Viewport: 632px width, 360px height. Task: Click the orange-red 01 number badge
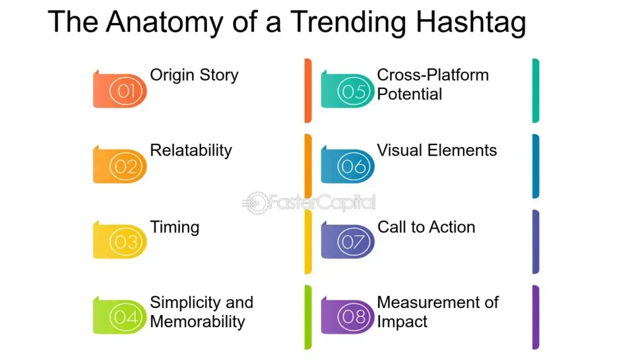(120, 90)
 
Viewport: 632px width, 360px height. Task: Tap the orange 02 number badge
(120, 165)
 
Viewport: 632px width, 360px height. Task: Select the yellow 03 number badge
(120, 240)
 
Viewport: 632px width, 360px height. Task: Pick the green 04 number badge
(120, 316)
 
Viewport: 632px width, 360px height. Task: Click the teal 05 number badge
(347, 90)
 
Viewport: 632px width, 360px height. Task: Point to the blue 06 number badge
(347, 165)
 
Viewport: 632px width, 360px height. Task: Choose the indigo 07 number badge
(347, 240)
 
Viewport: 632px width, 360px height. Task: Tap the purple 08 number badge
(347, 316)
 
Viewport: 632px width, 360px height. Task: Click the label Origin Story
(194, 76)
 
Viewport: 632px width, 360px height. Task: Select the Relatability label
(191, 151)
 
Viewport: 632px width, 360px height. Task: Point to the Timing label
(175, 227)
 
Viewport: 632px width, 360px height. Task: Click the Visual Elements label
(437, 151)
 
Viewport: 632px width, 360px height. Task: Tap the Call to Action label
(426, 227)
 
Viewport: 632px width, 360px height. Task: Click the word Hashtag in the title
(471, 23)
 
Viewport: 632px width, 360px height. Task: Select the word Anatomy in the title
(165, 23)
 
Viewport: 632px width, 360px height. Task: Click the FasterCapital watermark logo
(309, 203)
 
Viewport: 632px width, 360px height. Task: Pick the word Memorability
(197, 322)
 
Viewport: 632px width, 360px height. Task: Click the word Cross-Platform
(433, 75)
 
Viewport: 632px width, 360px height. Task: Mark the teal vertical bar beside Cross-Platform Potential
(536, 91)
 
